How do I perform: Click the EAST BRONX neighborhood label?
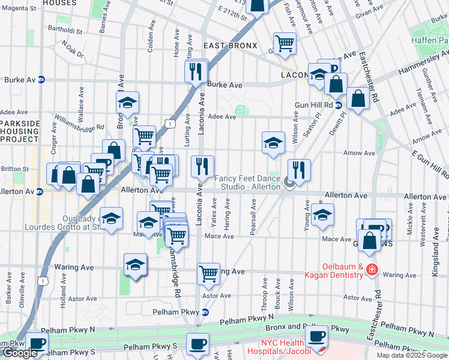pyautogui.click(x=230, y=46)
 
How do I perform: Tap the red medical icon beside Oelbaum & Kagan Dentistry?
pyautogui.click(x=372, y=269)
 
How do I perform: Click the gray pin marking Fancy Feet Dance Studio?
pyautogui.click(x=289, y=183)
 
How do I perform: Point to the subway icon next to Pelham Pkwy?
pyautogui.click(x=205, y=312)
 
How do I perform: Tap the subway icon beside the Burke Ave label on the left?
pyautogui.click(x=41, y=79)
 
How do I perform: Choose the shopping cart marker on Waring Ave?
pyautogui.click(x=208, y=274)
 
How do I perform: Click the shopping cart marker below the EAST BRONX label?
pyautogui.click(x=284, y=43)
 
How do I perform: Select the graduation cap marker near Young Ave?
pyautogui.click(x=322, y=215)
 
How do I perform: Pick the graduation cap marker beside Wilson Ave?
pyautogui.click(x=273, y=143)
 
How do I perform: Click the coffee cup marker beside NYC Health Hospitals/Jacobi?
pyautogui.click(x=316, y=337)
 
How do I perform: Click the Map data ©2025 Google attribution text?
pyautogui.click(x=412, y=355)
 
